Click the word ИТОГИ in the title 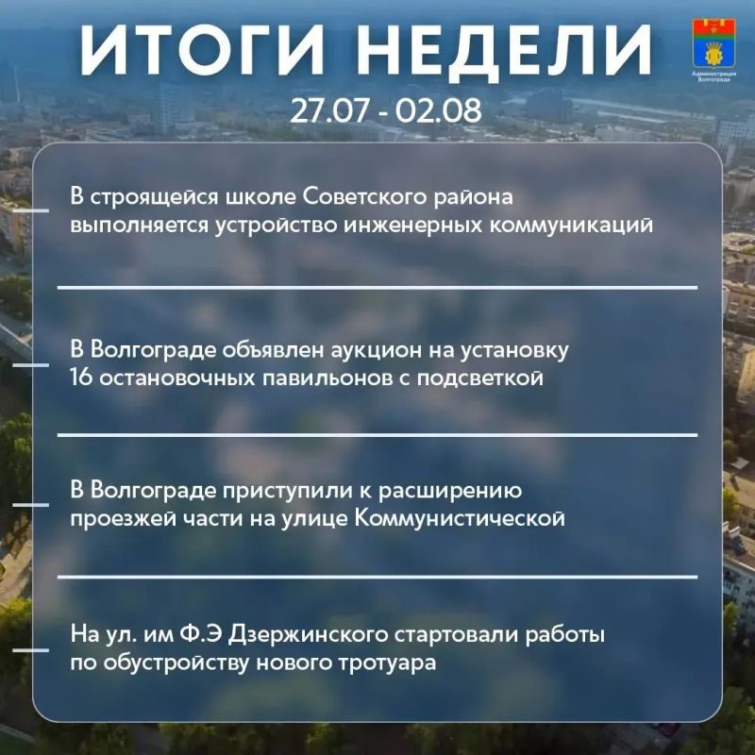[202, 50]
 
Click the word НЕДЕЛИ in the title [503, 50]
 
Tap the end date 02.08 [438, 110]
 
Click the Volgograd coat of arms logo [713, 42]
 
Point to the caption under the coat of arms [713, 76]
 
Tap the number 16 [81, 377]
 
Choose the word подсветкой [480, 378]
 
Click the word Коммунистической [460, 518]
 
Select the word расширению [450, 491]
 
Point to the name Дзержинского [309, 635]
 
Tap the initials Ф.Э [201, 634]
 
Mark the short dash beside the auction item [31, 365]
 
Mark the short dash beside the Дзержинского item [31, 650]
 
